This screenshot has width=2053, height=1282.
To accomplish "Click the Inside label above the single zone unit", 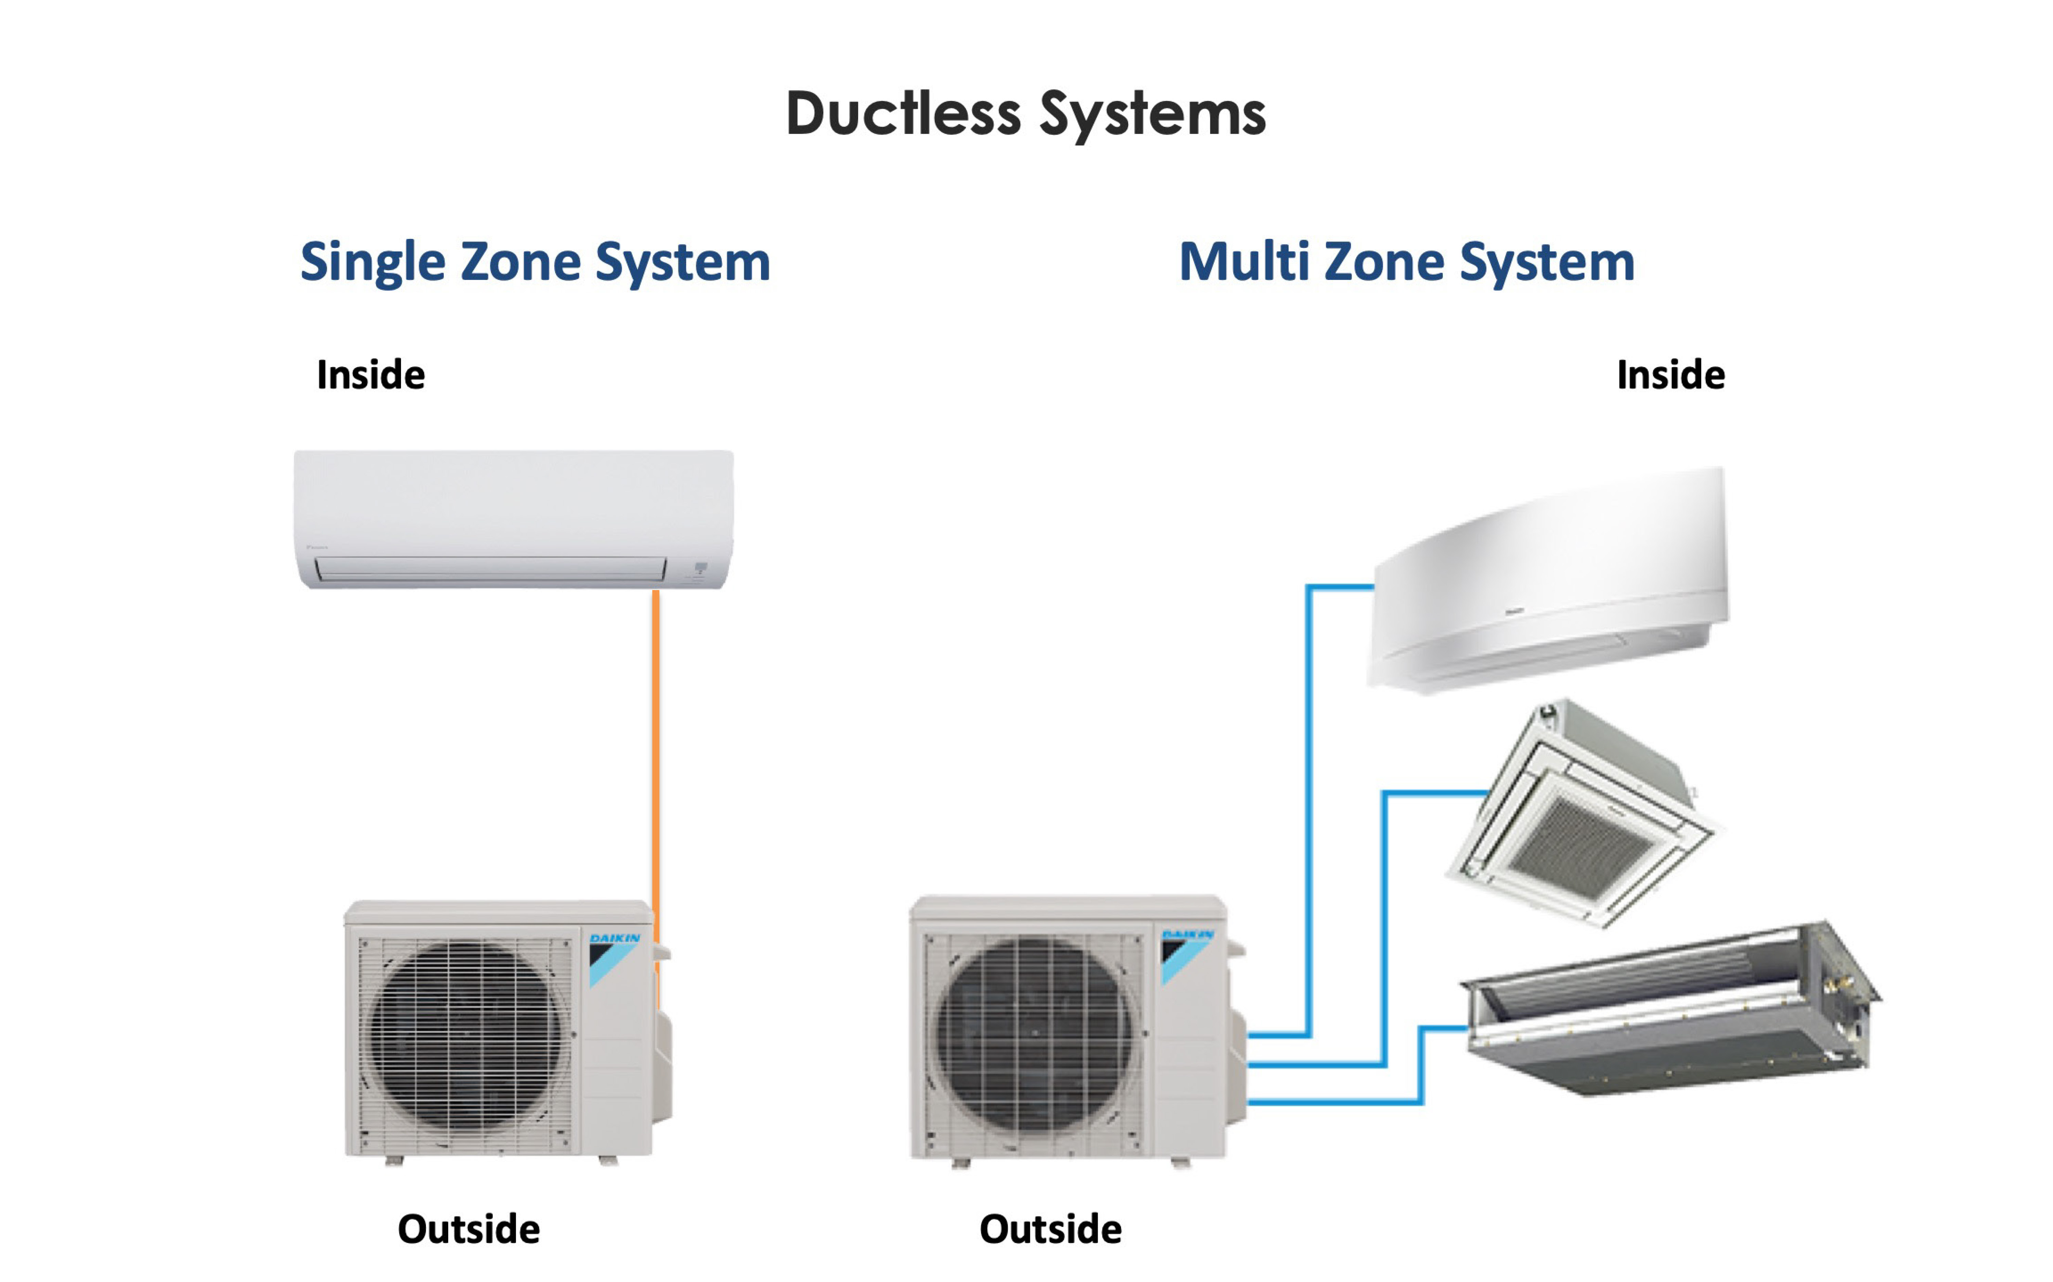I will click(x=371, y=375).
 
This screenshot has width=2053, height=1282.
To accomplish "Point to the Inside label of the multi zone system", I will click(x=1670, y=375).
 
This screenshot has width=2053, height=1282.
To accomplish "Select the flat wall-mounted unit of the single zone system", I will click(x=513, y=509).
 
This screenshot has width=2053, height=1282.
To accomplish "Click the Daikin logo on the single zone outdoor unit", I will click(x=614, y=939).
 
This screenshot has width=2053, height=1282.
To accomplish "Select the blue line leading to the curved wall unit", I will click(x=1309, y=805).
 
